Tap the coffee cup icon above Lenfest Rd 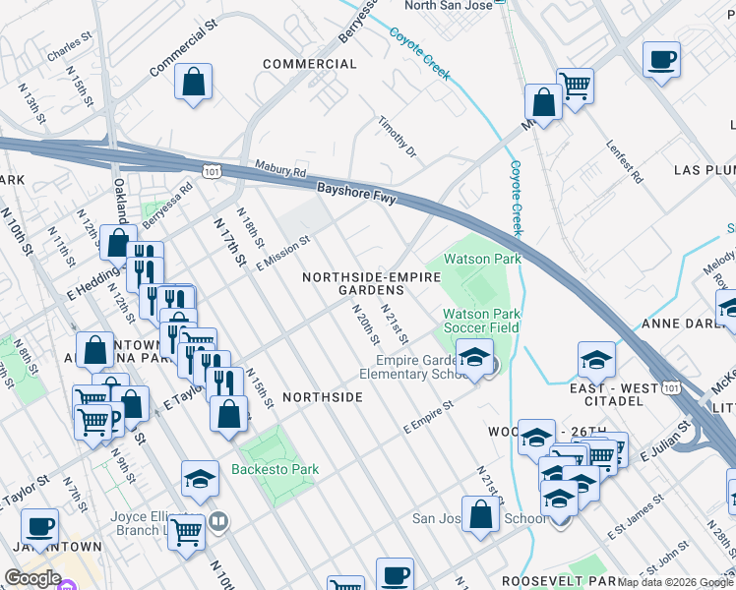point(660,58)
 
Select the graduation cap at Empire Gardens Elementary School point(474,356)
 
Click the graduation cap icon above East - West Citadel point(596,360)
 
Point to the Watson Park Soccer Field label point(480,320)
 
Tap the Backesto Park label point(275,469)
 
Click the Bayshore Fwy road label point(355,193)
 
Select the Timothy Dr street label point(398,137)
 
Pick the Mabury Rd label point(279,169)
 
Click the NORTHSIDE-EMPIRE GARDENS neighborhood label point(371,283)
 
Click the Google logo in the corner point(32,578)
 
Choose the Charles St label point(69,49)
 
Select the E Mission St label point(283,252)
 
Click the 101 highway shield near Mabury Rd point(212,171)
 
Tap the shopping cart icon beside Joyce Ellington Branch point(185,532)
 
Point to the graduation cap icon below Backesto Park point(200,478)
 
